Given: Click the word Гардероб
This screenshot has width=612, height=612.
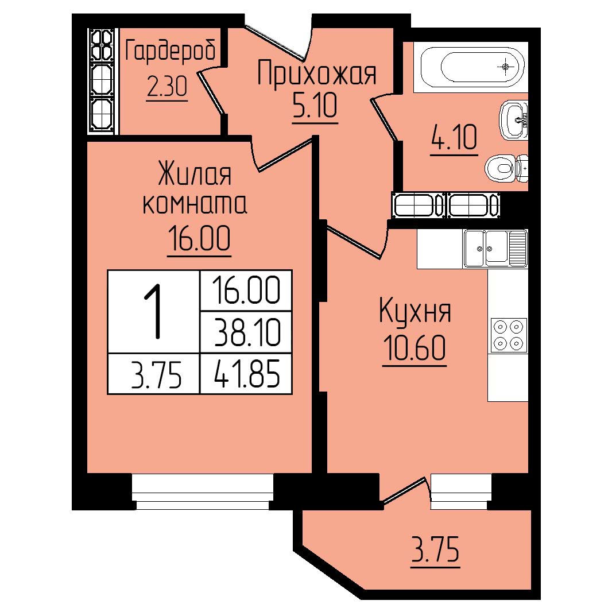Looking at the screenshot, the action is pyautogui.click(x=170, y=52).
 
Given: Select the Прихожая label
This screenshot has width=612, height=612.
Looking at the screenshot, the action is pyautogui.click(x=317, y=73).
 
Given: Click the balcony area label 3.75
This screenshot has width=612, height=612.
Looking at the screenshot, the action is pyautogui.click(x=435, y=549).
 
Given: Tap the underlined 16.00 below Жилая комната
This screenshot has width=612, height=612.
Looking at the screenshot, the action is pyautogui.click(x=199, y=239).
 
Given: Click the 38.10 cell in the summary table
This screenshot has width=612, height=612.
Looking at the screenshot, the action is pyautogui.click(x=247, y=333).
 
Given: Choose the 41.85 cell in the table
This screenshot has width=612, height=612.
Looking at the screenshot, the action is pyautogui.click(x=247, y=374).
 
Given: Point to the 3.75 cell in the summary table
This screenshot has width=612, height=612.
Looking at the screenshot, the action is pyautogui.click(x=156, y=375).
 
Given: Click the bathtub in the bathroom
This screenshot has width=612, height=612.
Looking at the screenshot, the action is pyautogui.click(x=471, y=68).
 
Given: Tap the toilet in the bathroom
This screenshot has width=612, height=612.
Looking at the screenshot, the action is pyautogui.click(x=506, y=168).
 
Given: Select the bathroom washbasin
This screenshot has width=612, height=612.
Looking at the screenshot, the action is pyautogui.click(x=514, y=120).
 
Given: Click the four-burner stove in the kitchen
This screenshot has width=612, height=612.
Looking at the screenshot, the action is pyautogui.click(x=508, y=335).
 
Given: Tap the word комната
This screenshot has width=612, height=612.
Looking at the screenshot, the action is pyautogui.click(x=195, y=204).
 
